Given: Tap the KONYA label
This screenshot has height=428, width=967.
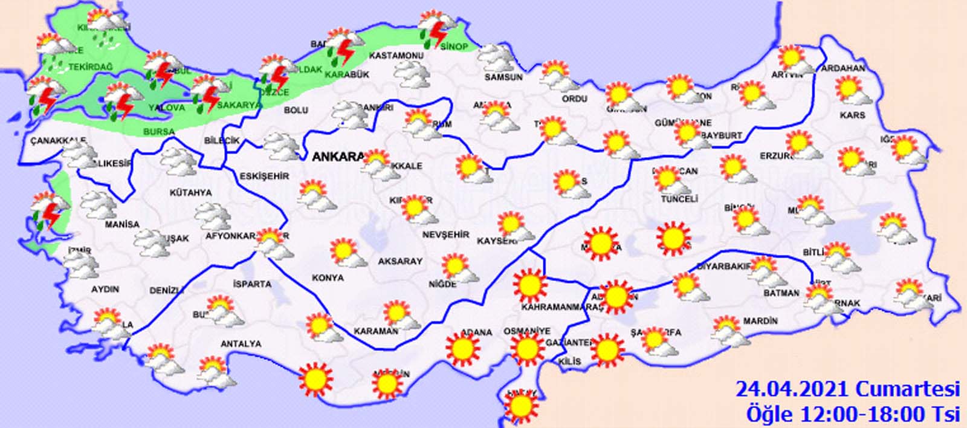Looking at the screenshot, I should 328,277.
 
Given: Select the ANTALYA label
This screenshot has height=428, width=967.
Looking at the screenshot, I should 241,344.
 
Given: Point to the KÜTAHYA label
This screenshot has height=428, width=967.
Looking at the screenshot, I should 191,192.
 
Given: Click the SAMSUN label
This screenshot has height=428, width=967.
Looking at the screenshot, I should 503,77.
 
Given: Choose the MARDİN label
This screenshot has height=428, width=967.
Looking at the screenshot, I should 760,321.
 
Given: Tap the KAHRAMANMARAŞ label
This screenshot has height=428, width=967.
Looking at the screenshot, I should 562,307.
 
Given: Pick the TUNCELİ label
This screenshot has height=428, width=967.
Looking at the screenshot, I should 679,199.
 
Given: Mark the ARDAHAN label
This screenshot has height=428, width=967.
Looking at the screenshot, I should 843,68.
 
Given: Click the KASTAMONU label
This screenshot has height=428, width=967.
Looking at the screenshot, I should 395,56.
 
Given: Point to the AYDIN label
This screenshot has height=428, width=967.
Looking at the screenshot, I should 105,289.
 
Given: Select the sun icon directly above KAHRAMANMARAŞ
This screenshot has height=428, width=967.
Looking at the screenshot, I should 530,284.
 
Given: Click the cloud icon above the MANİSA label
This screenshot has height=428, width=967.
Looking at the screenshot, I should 99,206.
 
